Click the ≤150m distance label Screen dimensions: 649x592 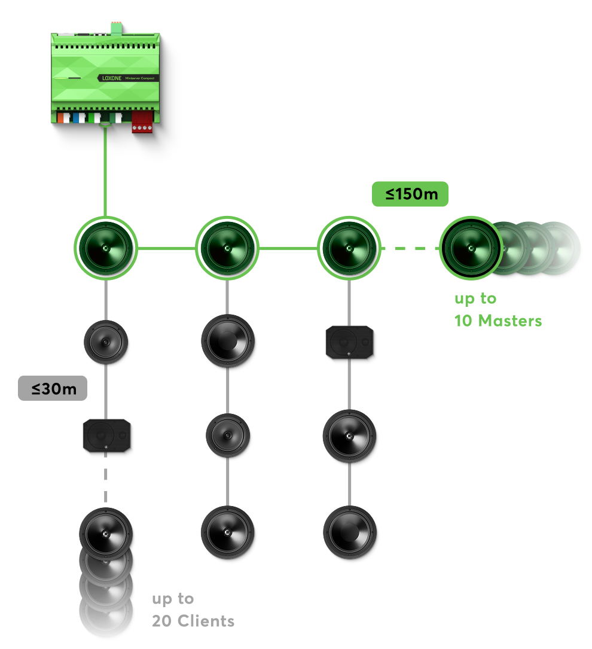tap(410, 194)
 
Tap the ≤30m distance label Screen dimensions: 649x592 tap(53, 388)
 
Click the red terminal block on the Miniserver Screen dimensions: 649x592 tap(142, 121)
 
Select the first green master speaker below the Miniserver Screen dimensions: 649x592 tap(106, 248)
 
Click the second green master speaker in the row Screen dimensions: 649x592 tap(227, 248)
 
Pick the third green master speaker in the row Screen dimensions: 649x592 tap(349, 248)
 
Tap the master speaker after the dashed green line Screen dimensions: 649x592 tap(471, 248)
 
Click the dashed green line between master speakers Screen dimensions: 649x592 tap(410, 248)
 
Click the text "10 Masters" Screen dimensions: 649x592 tap(498, 321)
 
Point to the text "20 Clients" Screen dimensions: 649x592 tap(193, 621)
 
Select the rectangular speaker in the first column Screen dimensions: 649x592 tap(106, 435)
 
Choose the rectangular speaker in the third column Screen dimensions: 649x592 tap(349, 342)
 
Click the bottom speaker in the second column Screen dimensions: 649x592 tap(227, 532)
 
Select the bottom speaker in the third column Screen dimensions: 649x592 tap(349, 532)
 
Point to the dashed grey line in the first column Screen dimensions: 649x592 tap(106, 479)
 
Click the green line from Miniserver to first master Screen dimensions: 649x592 tap(105, 173)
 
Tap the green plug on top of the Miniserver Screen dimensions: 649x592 tap(115, 28)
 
